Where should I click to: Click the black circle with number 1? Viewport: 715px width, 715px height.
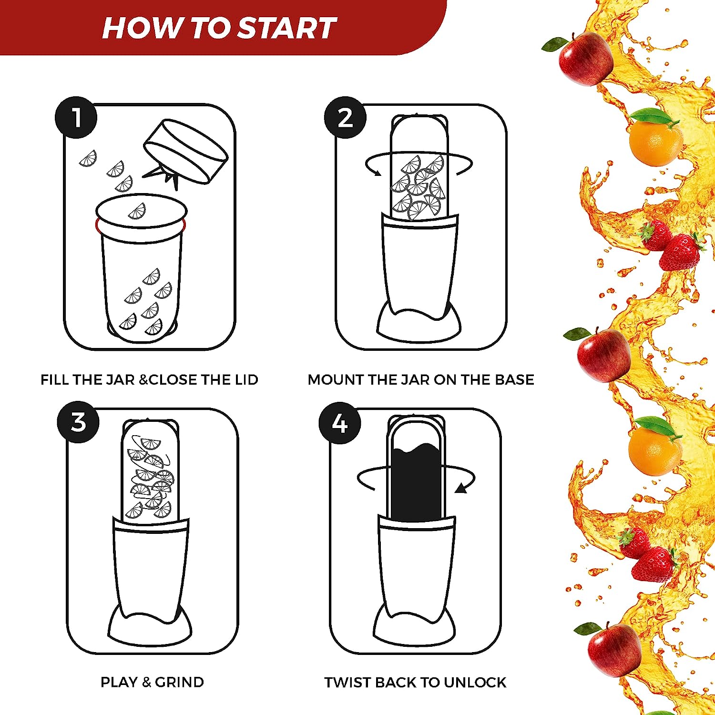pyautogui.click(x=76, y=118)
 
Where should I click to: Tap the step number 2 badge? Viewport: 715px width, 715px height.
pyautogui.click(x=345, y=118)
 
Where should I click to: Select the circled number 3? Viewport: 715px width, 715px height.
pyautogui.click(x=78, y=422)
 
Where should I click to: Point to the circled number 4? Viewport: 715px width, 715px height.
pyautogui.click(x=340, y=423)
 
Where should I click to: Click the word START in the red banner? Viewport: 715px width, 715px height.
pyautogui.click(x=287, y=28)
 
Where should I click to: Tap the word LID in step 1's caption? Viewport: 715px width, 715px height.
pyautogui.click(x=247, y=380)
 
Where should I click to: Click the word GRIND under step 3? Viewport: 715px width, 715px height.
pyautogui.click(x=179, y=682)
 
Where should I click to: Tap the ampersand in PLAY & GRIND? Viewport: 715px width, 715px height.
pyautogui.click(x=146, y=683)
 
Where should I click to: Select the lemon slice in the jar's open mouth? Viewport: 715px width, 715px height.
pyautogui.click(x=137, y=211)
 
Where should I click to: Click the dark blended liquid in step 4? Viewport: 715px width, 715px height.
pyautogui.click(x=415, y=481)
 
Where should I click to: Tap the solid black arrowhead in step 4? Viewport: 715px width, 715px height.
pyautogui.click(x=461, y=488)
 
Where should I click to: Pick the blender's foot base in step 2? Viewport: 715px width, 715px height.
pyautogui.click(x=419, y=322)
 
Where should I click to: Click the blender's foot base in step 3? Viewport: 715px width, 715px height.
pyautogui.click(x=150, y=626)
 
